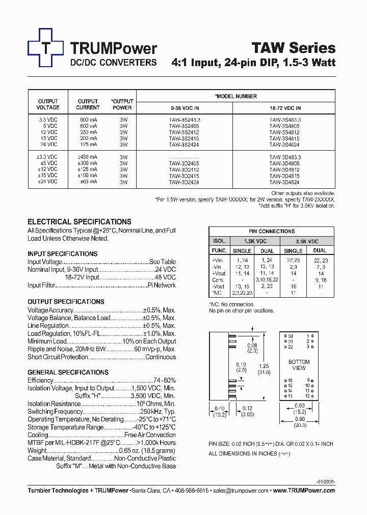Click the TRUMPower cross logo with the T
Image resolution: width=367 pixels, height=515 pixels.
tap(46, 48)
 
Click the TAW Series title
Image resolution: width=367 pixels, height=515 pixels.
tap(294, 48)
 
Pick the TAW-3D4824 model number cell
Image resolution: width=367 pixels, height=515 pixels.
tap(284, 181)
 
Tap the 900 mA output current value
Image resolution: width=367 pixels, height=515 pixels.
tap(88, 119)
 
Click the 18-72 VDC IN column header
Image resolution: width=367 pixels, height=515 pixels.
tap(284, 108)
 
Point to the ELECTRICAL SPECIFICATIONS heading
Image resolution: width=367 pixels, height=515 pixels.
tap(79, 222)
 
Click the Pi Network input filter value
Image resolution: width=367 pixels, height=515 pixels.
tap(161, 285)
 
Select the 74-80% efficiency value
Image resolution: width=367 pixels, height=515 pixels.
tap(165, 381)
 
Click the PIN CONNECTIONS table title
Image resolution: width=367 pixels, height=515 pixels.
tap(272, 231)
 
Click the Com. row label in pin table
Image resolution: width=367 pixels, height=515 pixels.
tap(218, 280)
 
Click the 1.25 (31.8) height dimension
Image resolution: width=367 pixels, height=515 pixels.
tap(264, 369)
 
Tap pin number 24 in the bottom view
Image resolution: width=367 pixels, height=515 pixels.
tap(290, 336)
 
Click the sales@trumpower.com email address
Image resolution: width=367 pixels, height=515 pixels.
tap(241, 491)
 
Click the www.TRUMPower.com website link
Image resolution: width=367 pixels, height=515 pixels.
tap(304, 491)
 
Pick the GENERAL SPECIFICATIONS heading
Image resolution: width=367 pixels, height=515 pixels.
tap(68, 373)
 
